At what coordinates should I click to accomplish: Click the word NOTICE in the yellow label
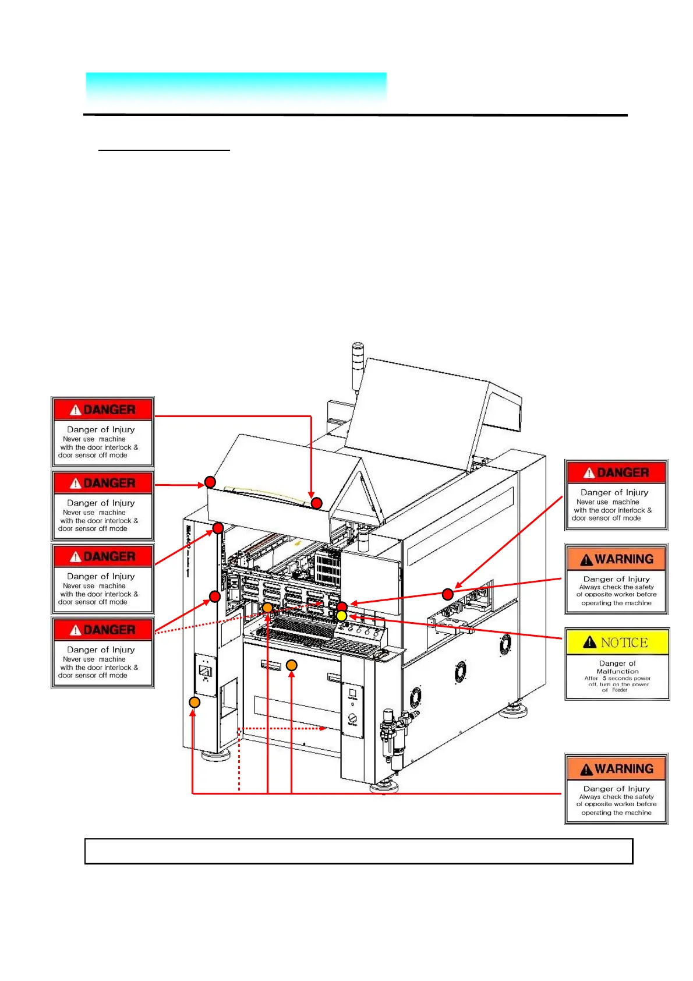pyautogui.click(x=624, y=643)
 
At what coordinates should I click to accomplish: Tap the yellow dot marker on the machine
pyautogui.click(x=342, y=616)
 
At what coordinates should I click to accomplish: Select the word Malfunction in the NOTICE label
pyautogui.click(x=617, y=671)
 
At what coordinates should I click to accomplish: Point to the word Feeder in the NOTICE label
pyautogui.click(x=620, y=690)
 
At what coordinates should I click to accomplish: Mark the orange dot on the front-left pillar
pyautogui.click(x=195, y=702)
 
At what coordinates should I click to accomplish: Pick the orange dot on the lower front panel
pyautogui.click(x=292, y=665)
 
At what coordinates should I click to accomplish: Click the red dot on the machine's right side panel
pyautogui.click(x=447, y=594)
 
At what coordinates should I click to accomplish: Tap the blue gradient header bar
pyautogui.click(x=236, y=89)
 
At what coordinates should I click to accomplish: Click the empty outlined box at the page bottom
pyautogui.click(x=358, y=851)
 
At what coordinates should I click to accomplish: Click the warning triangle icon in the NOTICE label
pyautogui.click(x=589, y=643)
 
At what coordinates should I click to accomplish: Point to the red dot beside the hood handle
pyautogui.click(x=316, y=503)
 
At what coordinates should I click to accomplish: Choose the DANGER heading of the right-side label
pyautogui.click(x=623, y=472)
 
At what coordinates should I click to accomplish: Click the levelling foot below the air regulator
pyautogui.click(x=384, y=786)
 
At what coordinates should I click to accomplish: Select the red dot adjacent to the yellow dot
pyautogui.click(x=342, y=607)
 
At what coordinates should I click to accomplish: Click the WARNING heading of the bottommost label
pyautogui.click(x=624, y=769)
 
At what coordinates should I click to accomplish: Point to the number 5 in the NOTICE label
pyautogui.click(x=604, y=678)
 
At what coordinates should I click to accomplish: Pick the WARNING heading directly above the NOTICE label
pyautogui.click(x=624, y=559)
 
